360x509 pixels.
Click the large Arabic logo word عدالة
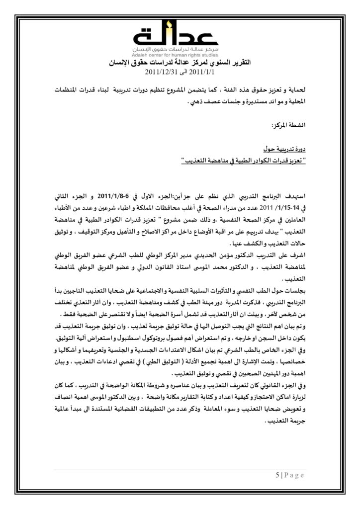click(x=180, y=36)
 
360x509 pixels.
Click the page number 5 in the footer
click(x=277, y=475)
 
